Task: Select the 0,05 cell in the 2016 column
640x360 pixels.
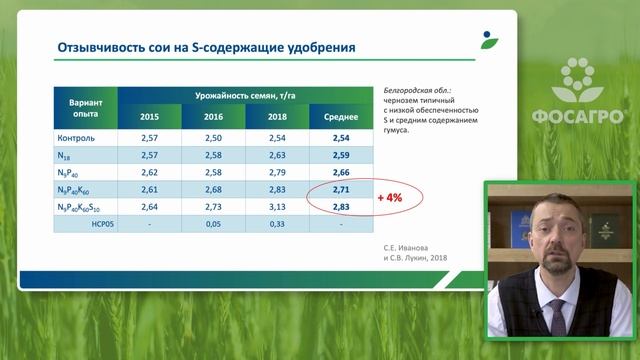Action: tap(212, 225)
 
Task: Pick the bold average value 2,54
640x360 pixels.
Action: tap(340, 137)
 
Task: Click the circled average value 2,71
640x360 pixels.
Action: tap(340, 189)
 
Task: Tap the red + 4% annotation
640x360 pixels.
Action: tap(390, 198)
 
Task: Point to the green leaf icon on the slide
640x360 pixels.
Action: tap(488, 41)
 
